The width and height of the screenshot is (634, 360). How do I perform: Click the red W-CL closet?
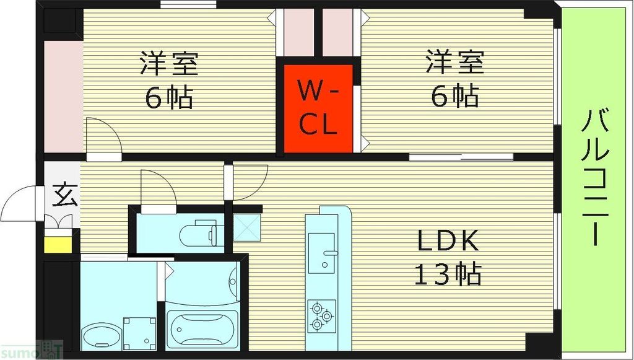pyautogui.click(x=318, y=108)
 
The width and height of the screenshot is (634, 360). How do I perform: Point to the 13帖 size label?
pyautogui.click(x=448, y=273)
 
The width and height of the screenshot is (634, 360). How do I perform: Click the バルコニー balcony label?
pyautogui.click(x=596, y=177)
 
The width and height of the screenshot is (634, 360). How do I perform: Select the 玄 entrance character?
pyautogui.click(x=63, y=195)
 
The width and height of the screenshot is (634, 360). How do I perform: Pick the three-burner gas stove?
pyautogui.click(x=321, y=314)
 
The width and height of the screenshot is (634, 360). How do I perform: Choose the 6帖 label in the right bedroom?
pyautogui.click(x=454, y=96)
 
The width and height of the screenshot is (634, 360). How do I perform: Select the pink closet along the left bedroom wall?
pyautogui.click(x=63, y=96)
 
